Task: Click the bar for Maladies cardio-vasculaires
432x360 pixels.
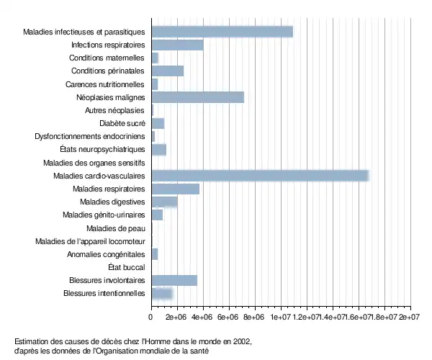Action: click(x=260, y=176)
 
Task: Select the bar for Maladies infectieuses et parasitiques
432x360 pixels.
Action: click(x=222, y=32)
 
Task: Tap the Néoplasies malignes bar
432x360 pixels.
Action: click(x=198, y=97)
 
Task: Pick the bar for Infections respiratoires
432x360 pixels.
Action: click(x=177, y=45)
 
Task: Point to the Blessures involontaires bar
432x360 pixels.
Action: click(x=174, y=280)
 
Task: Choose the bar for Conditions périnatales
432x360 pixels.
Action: click(x=167, y=71)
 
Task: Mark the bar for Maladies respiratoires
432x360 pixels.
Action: click(x=175, y=189)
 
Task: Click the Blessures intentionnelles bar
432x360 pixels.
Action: click(x=162, y=293)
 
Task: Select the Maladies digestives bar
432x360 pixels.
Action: click(x=164, y=202)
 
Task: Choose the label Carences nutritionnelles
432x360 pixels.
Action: click(x=106, y=84)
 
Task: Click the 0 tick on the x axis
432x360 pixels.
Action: click(x=151, y=316)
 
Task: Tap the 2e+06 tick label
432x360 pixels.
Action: click(x=176, y=316)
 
